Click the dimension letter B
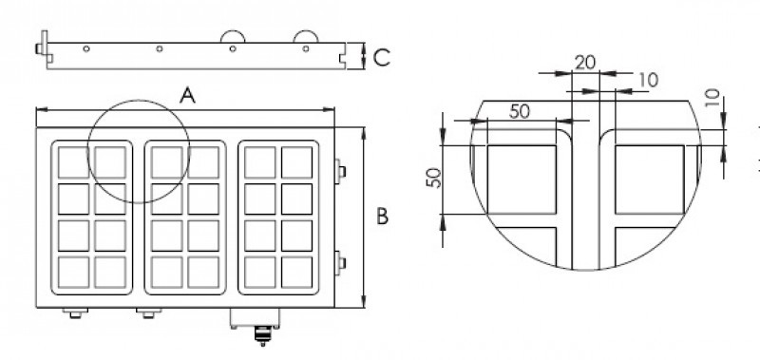[381, 217]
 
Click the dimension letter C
[380, 58]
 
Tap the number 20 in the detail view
[585, 62]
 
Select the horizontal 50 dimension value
[519, 110]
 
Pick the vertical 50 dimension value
[432, 177]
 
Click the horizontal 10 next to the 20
[647, 82]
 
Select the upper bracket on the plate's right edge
[340, 170]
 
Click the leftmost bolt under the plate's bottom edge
[73, 313]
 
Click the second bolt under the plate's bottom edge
[145, 313]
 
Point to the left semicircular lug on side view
[233, 35]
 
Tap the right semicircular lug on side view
[306, 35]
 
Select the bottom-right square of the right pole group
[297, 271]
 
